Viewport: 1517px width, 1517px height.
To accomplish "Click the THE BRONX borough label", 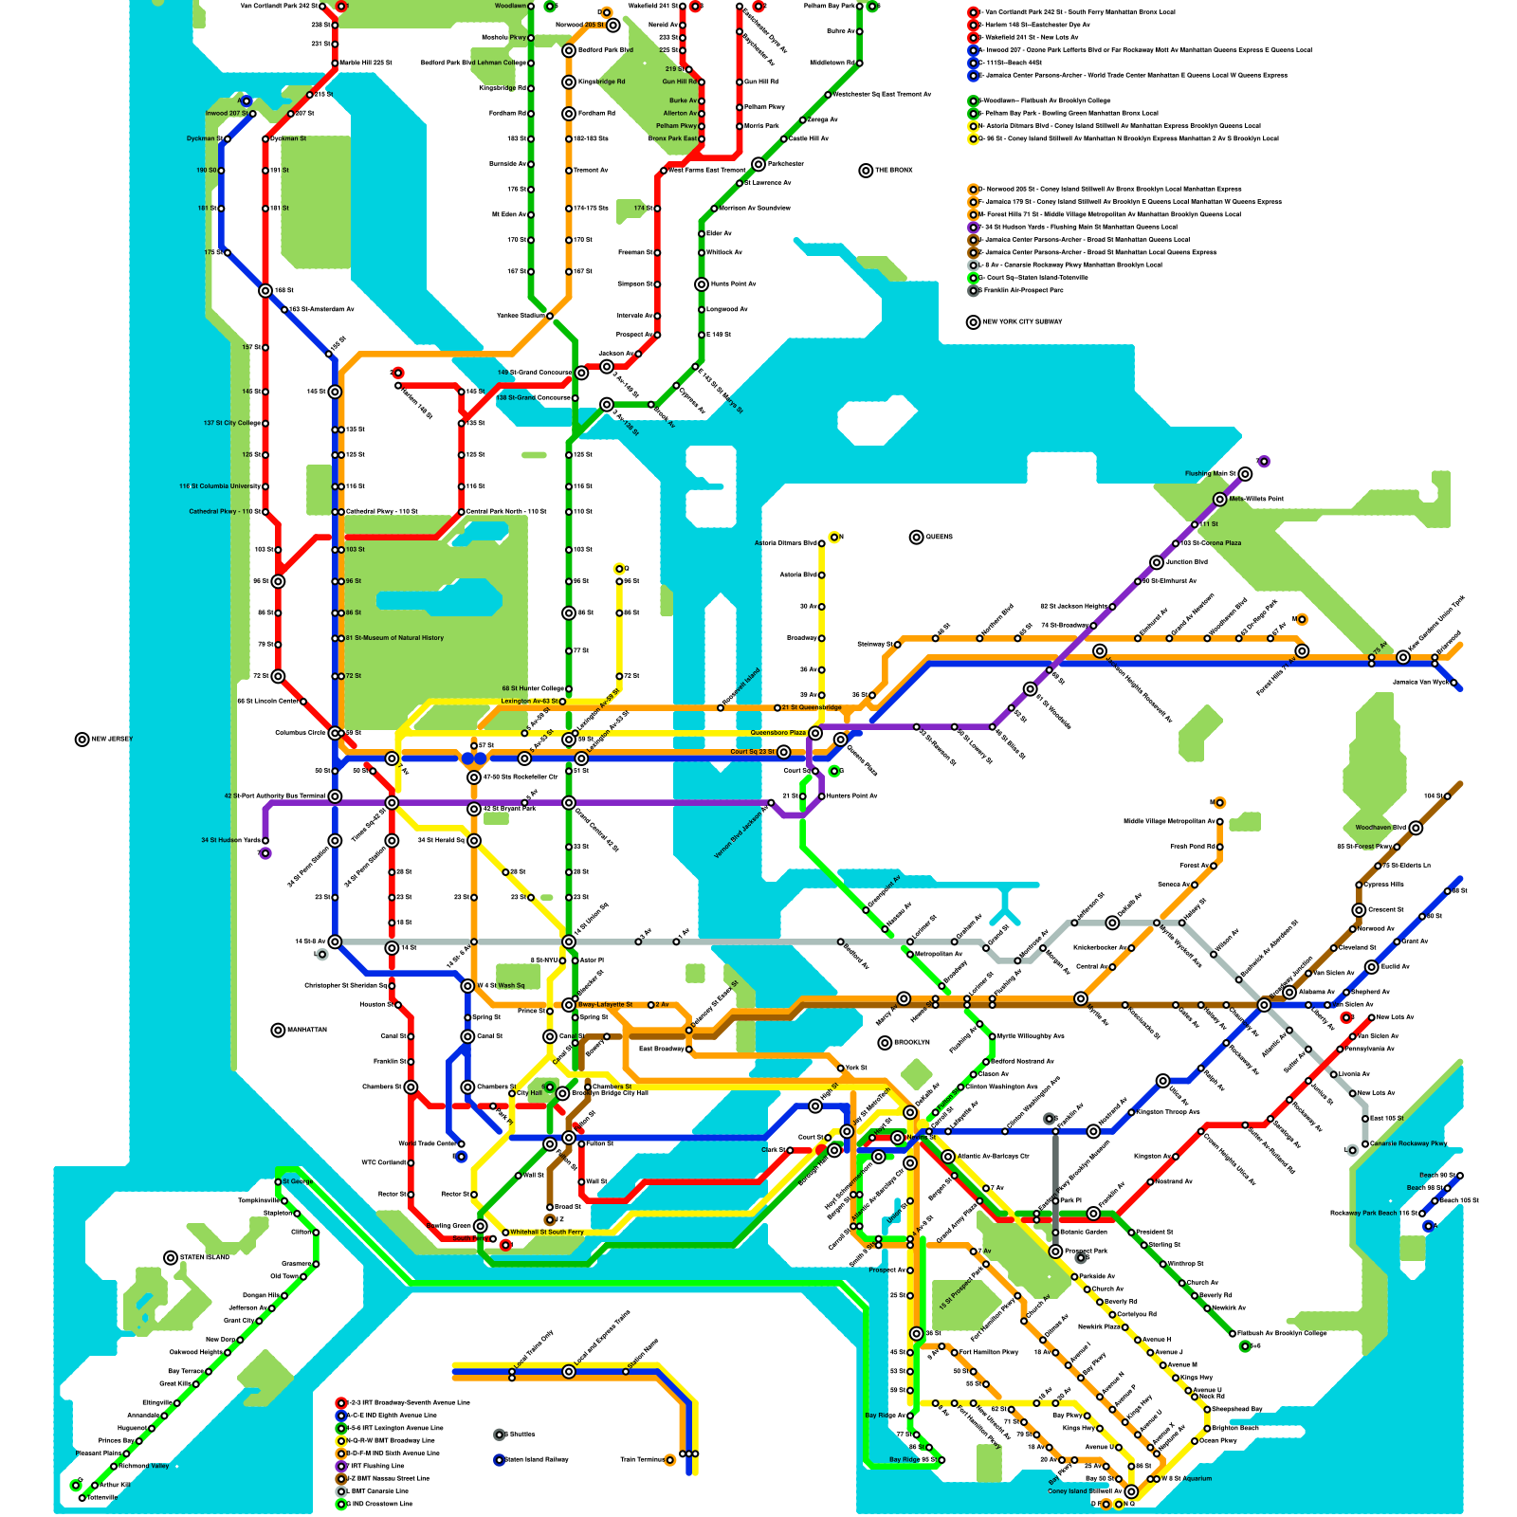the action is click(893, 171).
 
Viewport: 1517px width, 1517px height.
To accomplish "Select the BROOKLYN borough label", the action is click(909, 1043).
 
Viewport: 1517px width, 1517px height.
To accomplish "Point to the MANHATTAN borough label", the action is click(305, 1030).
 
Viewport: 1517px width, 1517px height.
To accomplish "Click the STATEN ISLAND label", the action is click(204, 1258).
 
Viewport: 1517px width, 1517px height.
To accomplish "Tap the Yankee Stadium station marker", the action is click(550, 316).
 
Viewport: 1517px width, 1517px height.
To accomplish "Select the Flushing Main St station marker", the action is click(1245, 474).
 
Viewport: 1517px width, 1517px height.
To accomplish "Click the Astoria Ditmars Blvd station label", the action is click(786, 543).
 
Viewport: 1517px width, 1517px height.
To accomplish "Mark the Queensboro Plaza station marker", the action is click(815, 733).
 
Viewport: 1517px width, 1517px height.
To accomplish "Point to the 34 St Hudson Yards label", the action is click(230, 840).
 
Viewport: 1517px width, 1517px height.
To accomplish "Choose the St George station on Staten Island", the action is click(278, 1182).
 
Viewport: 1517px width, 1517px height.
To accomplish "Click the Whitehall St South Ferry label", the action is click(547, 1233).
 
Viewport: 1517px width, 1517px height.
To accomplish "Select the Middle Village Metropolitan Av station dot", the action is click(1219, 821).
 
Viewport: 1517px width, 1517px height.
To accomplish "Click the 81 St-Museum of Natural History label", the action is click(394, 638).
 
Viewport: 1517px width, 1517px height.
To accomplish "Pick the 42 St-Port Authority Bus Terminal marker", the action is click(335, 796).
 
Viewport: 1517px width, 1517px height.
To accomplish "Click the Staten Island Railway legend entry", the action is click(536, 1460).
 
